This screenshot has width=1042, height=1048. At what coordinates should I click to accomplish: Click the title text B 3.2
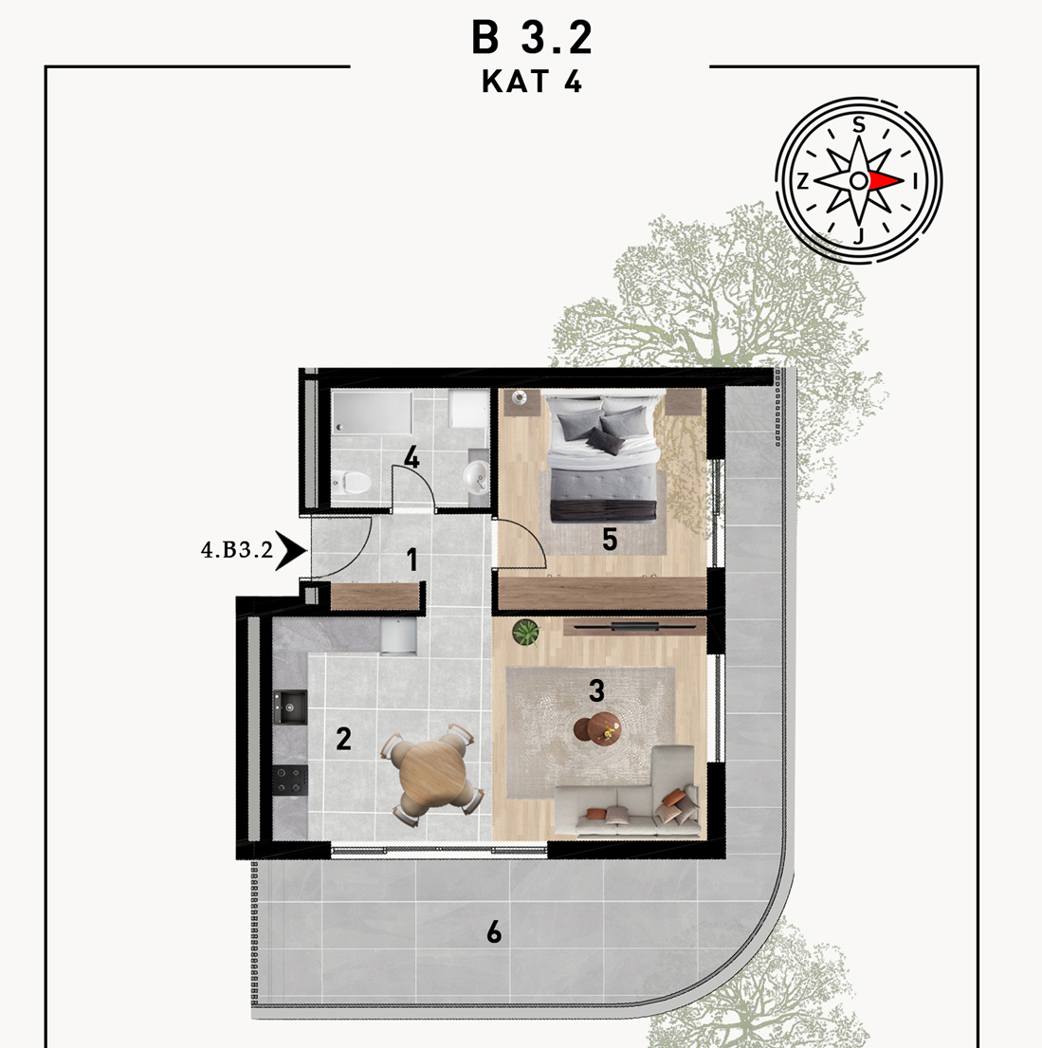pos(532,37)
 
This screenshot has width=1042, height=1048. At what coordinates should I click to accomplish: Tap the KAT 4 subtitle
pos(532,82)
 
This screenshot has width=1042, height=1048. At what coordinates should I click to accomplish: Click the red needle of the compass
pos(886,180)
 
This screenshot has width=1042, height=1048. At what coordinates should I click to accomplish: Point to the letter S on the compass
pos(859,125)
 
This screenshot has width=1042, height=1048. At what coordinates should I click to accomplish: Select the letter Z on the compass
pos(803,181)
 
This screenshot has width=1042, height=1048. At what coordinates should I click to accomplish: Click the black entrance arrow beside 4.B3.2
pos(291,551)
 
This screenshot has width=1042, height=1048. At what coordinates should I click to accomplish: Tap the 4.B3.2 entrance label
pos(237,550)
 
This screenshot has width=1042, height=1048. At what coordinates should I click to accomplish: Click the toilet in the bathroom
pos(351,481)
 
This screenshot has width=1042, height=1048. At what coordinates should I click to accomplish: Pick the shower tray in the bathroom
pos(373,414)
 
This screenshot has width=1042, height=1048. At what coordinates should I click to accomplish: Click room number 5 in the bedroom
pos(609,540)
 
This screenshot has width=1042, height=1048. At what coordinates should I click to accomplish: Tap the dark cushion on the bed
pos(605,441)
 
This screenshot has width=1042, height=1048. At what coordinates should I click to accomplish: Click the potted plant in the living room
pos(526,633)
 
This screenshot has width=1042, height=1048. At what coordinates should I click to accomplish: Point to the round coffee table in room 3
pos(597,727)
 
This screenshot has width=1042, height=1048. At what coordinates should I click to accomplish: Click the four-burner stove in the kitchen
pos(290,780)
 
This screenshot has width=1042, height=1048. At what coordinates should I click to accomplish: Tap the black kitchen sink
pos(290,708)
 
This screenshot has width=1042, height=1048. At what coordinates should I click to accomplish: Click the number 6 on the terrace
pos(494,931)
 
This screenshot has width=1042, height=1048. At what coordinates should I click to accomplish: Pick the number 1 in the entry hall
pos(412,561)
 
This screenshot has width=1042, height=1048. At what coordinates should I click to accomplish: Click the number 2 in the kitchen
pos(343,739)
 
